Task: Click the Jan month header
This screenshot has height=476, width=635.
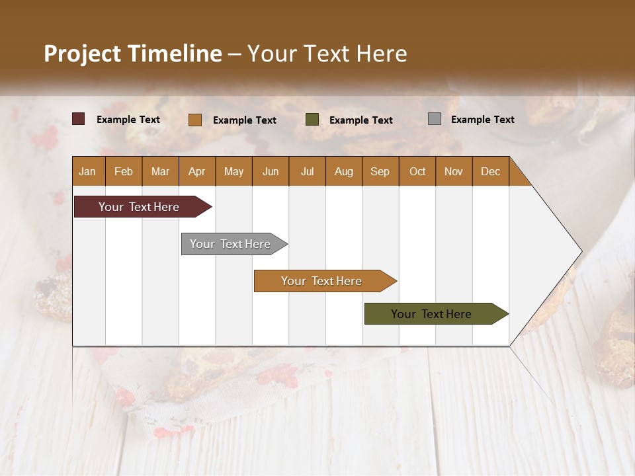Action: tap(87, 171)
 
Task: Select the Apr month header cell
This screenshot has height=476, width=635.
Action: tap(197, 171)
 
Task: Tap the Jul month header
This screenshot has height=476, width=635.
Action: tap(307, 171)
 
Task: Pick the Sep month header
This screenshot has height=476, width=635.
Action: tap(380, 171)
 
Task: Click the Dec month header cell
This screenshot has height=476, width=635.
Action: tap(490, 171)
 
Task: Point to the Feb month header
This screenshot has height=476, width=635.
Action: tap(124, 171)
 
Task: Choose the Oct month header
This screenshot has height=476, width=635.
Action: tap(417, 171)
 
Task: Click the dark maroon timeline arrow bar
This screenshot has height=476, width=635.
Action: tap(139, 207)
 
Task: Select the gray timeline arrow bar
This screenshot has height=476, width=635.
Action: tap(230, 244)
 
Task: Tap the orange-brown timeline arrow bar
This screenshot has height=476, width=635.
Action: tap(321, 281)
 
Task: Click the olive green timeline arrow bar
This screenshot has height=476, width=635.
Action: tap(431, 314)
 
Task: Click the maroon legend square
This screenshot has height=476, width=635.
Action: tap(79, 119)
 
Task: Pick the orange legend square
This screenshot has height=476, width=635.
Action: tap(195, 120)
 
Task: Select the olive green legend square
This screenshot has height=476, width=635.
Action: tap(312, 119)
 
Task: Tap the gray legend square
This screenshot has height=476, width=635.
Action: tap(435, 119)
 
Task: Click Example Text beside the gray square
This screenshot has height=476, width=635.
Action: tap(482, 120)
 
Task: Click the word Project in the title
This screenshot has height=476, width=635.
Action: tap(82, 54)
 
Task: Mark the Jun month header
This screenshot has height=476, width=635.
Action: tap(271, 171)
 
